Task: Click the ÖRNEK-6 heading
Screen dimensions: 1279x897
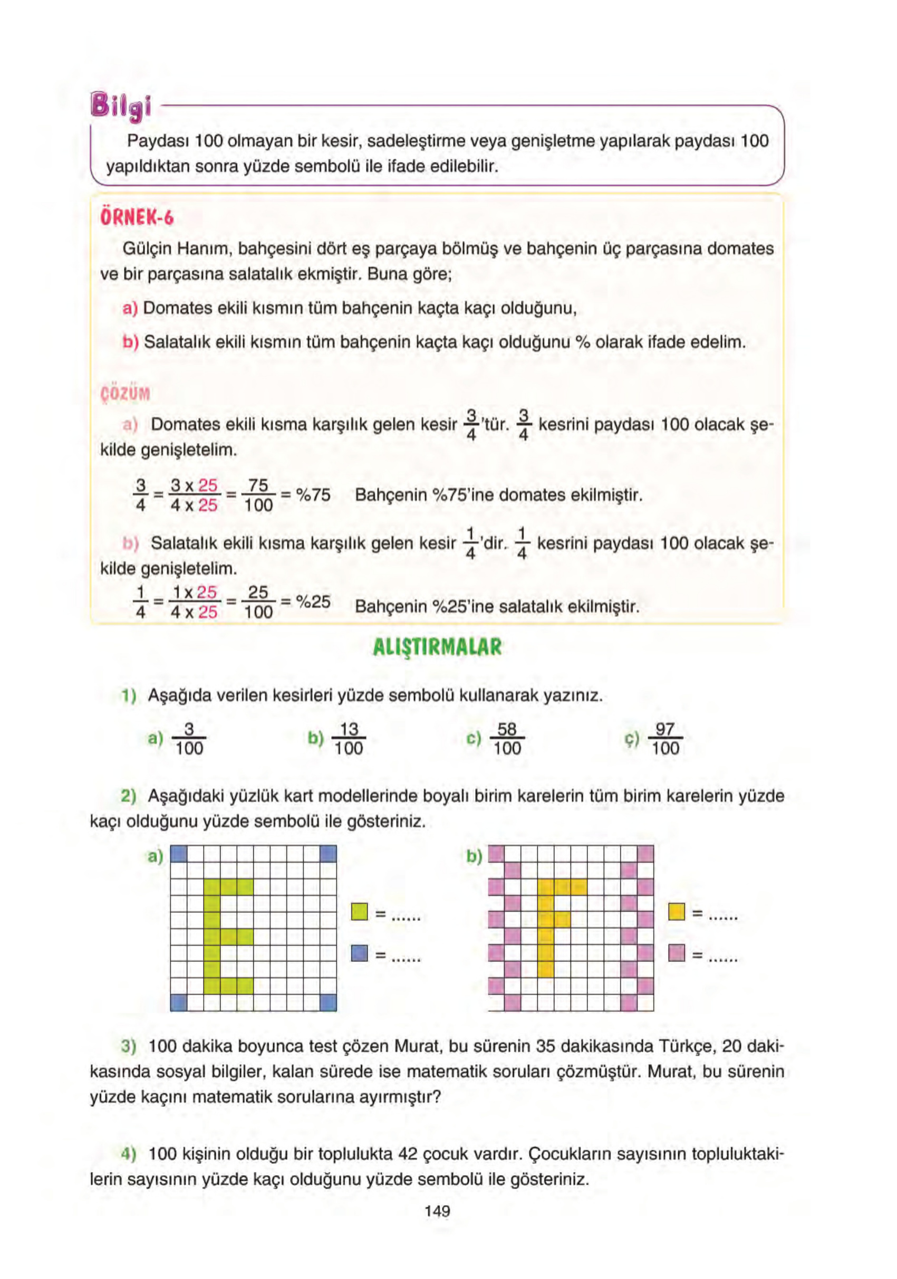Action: coord(137,217)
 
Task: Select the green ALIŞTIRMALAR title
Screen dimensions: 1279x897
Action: coord(437,647)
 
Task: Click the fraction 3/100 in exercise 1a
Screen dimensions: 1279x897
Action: coord(189,739)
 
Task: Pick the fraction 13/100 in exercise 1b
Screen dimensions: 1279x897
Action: coord(349,739)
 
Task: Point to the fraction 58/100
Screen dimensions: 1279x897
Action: coord(507,739)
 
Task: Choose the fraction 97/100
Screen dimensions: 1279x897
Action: coord(665,739)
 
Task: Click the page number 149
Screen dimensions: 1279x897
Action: coord(437,1210)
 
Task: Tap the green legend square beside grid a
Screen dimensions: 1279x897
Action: coord(360,912)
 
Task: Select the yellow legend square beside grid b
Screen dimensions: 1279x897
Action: coord(676,911)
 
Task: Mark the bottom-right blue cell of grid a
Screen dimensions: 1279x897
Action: coord(329,1003)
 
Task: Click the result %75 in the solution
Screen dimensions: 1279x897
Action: coord(313,495)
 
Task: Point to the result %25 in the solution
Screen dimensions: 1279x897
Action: coord(313,602)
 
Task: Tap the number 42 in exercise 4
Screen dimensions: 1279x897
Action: coord(408,1153)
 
